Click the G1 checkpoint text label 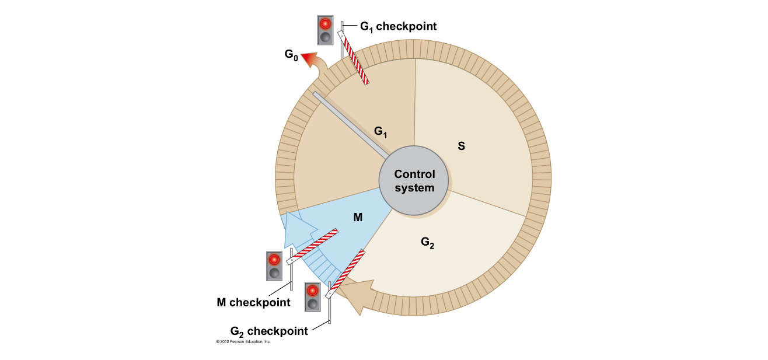click(x=398, y=26)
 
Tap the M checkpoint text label click(x=253, y=302)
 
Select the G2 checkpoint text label click(x=269, y=331)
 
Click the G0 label click(x=291, y=55)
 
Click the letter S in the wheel click(x=461, y=146)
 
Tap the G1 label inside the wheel click(x=381, y=132)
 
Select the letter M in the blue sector click(x=358, y=217)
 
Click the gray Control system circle click(x=414, y=181)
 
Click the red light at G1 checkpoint click(x=325, y=24)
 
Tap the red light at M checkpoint click(x=274, y=260)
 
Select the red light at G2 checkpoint click(x=313, y=291)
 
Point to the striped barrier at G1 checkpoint click(x=355, y=58)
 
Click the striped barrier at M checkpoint click(x=313, y=246)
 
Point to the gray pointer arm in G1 click(x=350, y=124)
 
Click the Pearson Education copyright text click(x=243, y=341)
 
